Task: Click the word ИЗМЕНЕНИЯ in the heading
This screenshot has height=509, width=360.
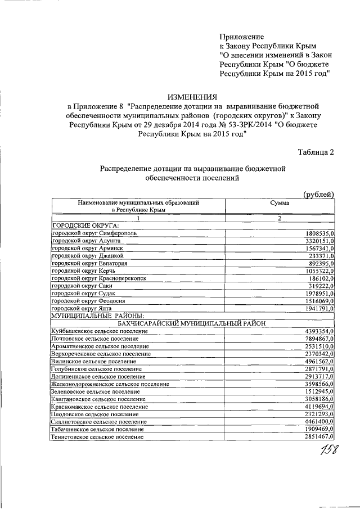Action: point(192,97)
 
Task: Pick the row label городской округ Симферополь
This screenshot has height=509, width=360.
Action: point(93,232)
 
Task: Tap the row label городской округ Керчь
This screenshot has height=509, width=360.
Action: point(84,270)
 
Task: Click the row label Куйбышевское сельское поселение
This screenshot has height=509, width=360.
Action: point(99,331)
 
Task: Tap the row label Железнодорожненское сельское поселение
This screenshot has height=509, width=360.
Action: point(110,384)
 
